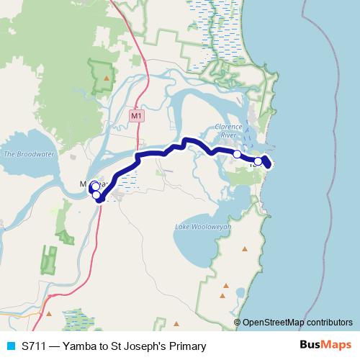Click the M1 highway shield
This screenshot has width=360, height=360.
(x=136, y=115)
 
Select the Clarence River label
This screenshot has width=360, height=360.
(x=226, y=130)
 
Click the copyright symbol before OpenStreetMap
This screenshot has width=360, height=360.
(x=238, y=322)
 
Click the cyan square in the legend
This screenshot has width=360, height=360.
(x=9, y=346)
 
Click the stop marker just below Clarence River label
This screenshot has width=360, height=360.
(x=237, y=154)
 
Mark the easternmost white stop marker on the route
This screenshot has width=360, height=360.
(x=258, y=161)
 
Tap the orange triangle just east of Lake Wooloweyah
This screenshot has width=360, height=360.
(x=245, y=249)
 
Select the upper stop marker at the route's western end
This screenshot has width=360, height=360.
(x=95, y=187)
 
